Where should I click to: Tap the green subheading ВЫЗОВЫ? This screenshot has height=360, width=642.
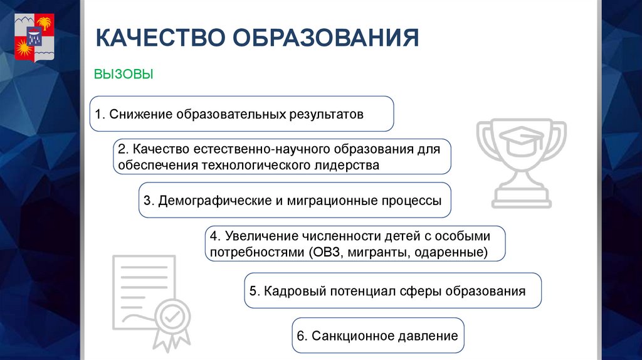(x=124, y=75)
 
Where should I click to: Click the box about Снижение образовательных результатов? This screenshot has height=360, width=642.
(x=241, y=114)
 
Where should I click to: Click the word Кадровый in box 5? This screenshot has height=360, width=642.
(x=288, y=291)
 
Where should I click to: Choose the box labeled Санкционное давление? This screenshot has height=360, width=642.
(x=378, y=336)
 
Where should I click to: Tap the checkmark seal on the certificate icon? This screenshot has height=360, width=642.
(x=170, y=318)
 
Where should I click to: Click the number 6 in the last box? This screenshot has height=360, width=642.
(x=300, y=336)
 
